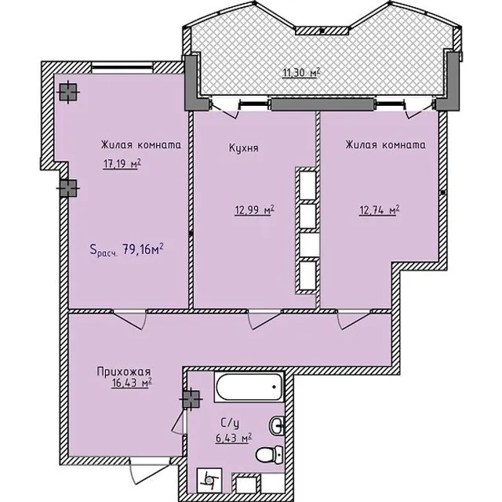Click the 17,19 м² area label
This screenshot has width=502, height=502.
[122, 164]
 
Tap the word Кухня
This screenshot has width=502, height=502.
[244, 148]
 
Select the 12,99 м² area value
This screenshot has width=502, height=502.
[254, 210]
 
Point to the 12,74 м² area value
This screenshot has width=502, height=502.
[379, 210]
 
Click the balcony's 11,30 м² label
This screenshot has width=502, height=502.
[301, 73]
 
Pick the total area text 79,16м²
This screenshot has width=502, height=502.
[143, 249]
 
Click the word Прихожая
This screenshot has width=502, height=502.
[124, 372]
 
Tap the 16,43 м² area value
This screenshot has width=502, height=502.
[132, 383]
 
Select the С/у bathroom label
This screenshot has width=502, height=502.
[230, 424]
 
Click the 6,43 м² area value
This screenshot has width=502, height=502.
[234, 438]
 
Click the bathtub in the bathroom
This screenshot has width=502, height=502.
[249, 387]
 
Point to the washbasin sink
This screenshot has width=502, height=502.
[277, 426]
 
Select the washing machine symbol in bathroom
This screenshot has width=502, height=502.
[209, 480]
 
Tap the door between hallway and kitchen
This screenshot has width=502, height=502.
[265, 319]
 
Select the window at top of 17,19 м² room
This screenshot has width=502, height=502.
[122, 67]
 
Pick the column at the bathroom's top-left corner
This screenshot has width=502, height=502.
[191, 399]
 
